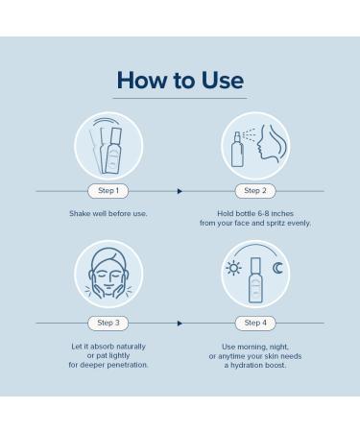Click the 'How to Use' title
click(x=180, y=80)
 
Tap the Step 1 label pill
click(x=108, y=190)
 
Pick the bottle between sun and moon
click(x=255, y=278)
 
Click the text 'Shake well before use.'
click(x=108, y=213)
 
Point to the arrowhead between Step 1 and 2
click(x=180, y=191)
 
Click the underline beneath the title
click(x=180, y=99)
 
